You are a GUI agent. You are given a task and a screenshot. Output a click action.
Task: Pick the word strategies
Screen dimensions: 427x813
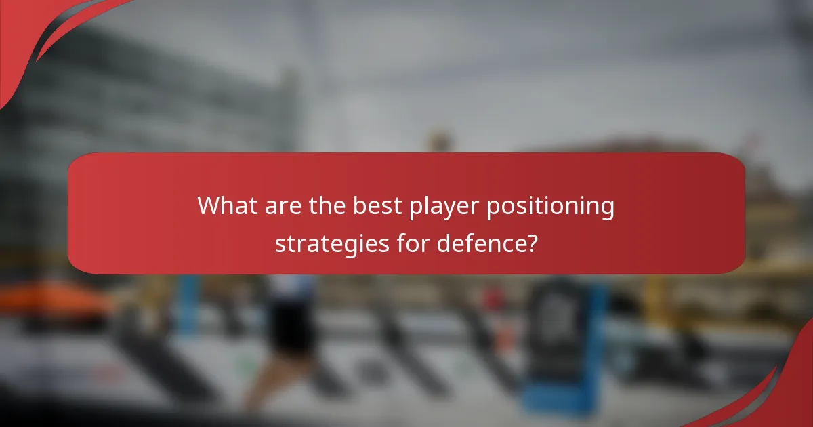[331, 243]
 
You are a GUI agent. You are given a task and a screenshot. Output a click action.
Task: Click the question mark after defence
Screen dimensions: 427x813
[533, 243]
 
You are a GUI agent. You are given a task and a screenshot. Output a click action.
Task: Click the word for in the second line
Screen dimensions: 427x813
[412, 243]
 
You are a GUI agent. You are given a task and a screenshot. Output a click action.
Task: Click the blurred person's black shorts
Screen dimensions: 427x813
[291, 325]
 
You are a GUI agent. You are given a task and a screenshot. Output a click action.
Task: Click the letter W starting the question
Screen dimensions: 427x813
[208, 205]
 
